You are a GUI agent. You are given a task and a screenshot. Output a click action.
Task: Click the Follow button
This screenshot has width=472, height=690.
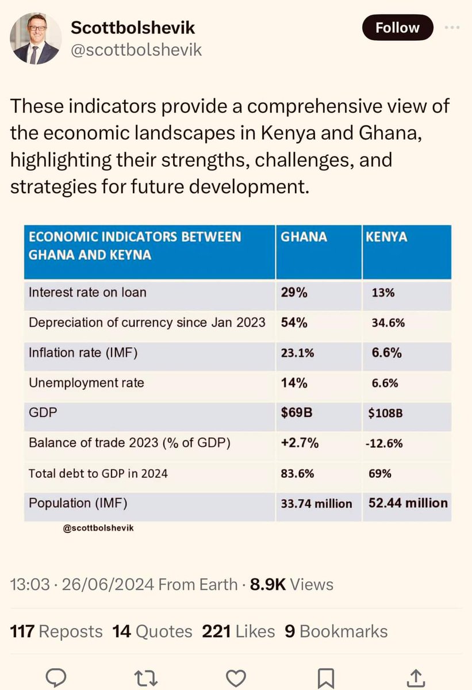pos(397,28)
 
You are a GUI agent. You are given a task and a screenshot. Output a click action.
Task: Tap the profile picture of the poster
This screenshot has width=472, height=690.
pos(36,39)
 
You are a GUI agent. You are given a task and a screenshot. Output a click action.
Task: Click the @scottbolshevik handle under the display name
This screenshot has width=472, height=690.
pos(136,50)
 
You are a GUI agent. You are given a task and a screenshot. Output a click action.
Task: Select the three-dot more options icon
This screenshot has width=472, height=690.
pos(452,28)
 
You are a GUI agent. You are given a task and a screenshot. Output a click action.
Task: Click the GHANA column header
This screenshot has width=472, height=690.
pos(304,237)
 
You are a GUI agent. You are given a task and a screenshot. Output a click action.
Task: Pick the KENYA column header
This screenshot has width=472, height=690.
pos(386,237)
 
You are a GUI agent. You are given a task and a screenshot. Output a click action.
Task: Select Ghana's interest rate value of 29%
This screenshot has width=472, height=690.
pos(294,292)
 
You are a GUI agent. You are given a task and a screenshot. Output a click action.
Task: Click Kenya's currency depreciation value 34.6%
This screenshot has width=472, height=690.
pos(388,323)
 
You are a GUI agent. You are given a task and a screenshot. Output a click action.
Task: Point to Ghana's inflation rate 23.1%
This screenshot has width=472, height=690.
pos(297,353)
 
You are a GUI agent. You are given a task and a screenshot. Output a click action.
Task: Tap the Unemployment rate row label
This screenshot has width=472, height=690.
pos(86,383)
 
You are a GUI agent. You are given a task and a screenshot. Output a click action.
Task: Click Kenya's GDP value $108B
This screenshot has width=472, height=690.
pos(386,413)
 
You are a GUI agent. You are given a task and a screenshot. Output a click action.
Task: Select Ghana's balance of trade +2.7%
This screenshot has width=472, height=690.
pos(300,443)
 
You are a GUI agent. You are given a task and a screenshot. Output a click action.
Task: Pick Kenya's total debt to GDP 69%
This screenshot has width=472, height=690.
pos(380,473)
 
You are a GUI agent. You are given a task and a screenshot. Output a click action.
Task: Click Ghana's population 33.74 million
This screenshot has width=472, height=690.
pos(316,504)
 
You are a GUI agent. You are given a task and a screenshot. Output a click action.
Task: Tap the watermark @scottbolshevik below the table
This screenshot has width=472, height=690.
pos(98,528)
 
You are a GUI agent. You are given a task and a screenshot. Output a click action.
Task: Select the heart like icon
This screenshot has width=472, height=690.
pos(236,678)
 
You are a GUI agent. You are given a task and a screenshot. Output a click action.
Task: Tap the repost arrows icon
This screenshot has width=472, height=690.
pos(146,678)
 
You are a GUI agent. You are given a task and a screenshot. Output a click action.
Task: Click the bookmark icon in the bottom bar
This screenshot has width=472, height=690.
pos(326,678)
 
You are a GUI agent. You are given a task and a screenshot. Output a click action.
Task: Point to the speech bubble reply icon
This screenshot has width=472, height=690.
pos(56,678)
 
